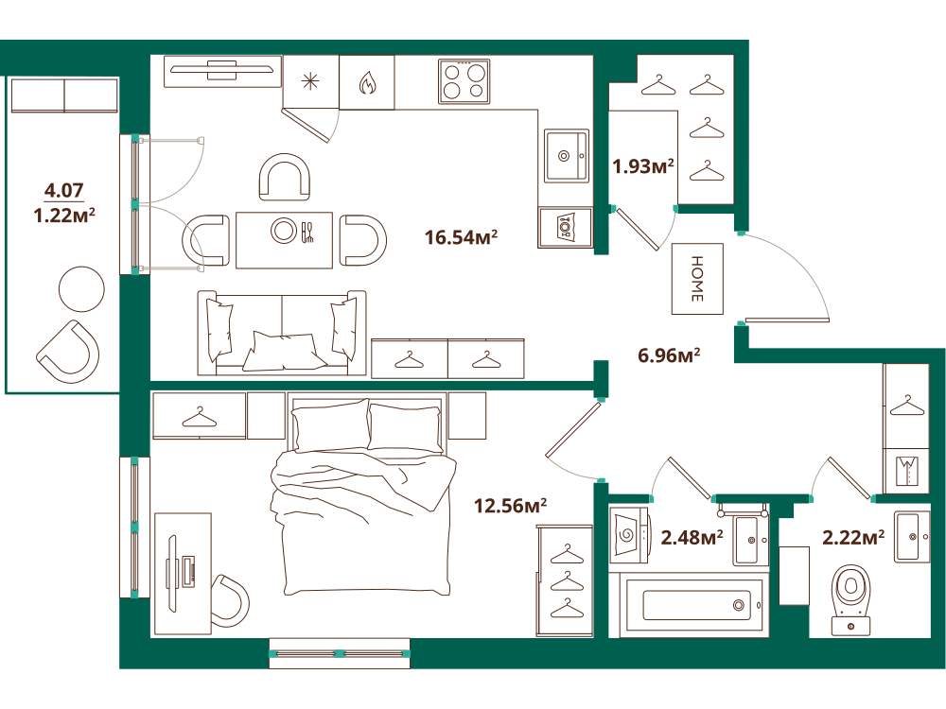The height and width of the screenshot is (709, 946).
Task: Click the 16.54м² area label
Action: pos(461,237)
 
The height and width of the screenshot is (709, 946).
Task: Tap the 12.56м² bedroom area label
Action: pos(511,505)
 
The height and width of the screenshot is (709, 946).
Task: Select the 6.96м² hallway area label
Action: pos(669,355)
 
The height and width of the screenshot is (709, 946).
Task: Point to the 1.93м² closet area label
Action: pos(643,165)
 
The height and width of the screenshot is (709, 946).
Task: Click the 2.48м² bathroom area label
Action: pos(692,537)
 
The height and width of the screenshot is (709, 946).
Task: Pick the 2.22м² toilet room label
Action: pos(853,537)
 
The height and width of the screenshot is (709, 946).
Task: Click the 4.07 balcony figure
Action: pos(64,191)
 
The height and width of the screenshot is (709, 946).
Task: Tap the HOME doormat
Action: pos(697,279)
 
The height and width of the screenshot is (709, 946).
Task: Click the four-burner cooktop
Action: pos(464,81)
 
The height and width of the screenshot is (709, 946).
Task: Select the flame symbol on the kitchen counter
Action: pos(367,83)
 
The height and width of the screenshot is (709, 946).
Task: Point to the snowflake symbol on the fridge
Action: pos(310,81)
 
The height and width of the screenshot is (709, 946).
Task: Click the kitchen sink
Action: pos(566,156)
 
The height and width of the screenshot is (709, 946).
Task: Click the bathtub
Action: pos(693,605)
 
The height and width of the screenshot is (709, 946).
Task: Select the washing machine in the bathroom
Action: pos(629,533)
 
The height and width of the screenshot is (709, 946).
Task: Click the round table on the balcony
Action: pos(81,288)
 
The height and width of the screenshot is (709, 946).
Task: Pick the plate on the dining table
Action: pos(284,231)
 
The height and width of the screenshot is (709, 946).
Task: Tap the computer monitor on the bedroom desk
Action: pos(172,574)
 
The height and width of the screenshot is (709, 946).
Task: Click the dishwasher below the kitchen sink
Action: pos(566,227)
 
